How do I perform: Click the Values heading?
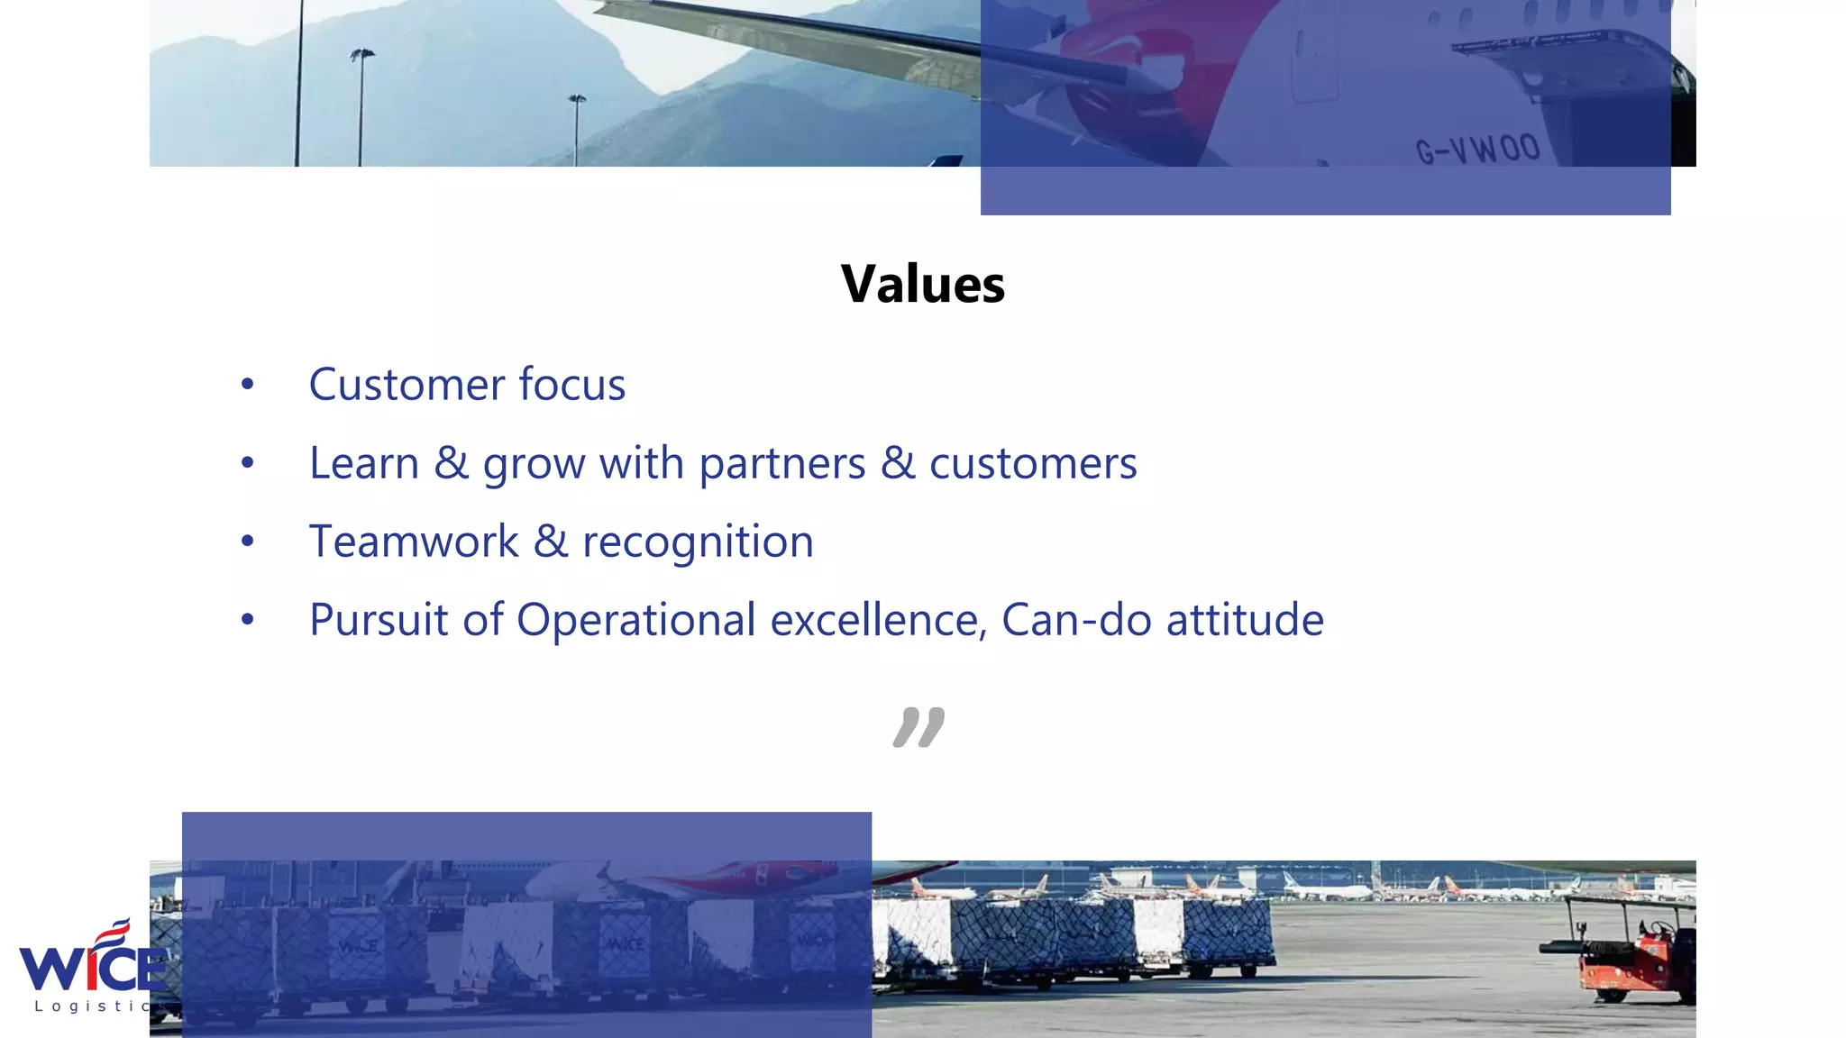[x=923, y=285]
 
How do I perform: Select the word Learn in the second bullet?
[x=364, y=463]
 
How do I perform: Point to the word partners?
[x=781, y=465]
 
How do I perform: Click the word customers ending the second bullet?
[x=1033, y=464]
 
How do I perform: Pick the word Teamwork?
[x=414, y=542]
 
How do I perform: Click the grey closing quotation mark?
[x=918, y=727]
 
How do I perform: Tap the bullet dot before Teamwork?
[x=248, y=542]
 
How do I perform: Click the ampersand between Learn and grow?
[x=451, y=463]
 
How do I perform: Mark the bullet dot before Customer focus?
[x=248, y=386]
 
